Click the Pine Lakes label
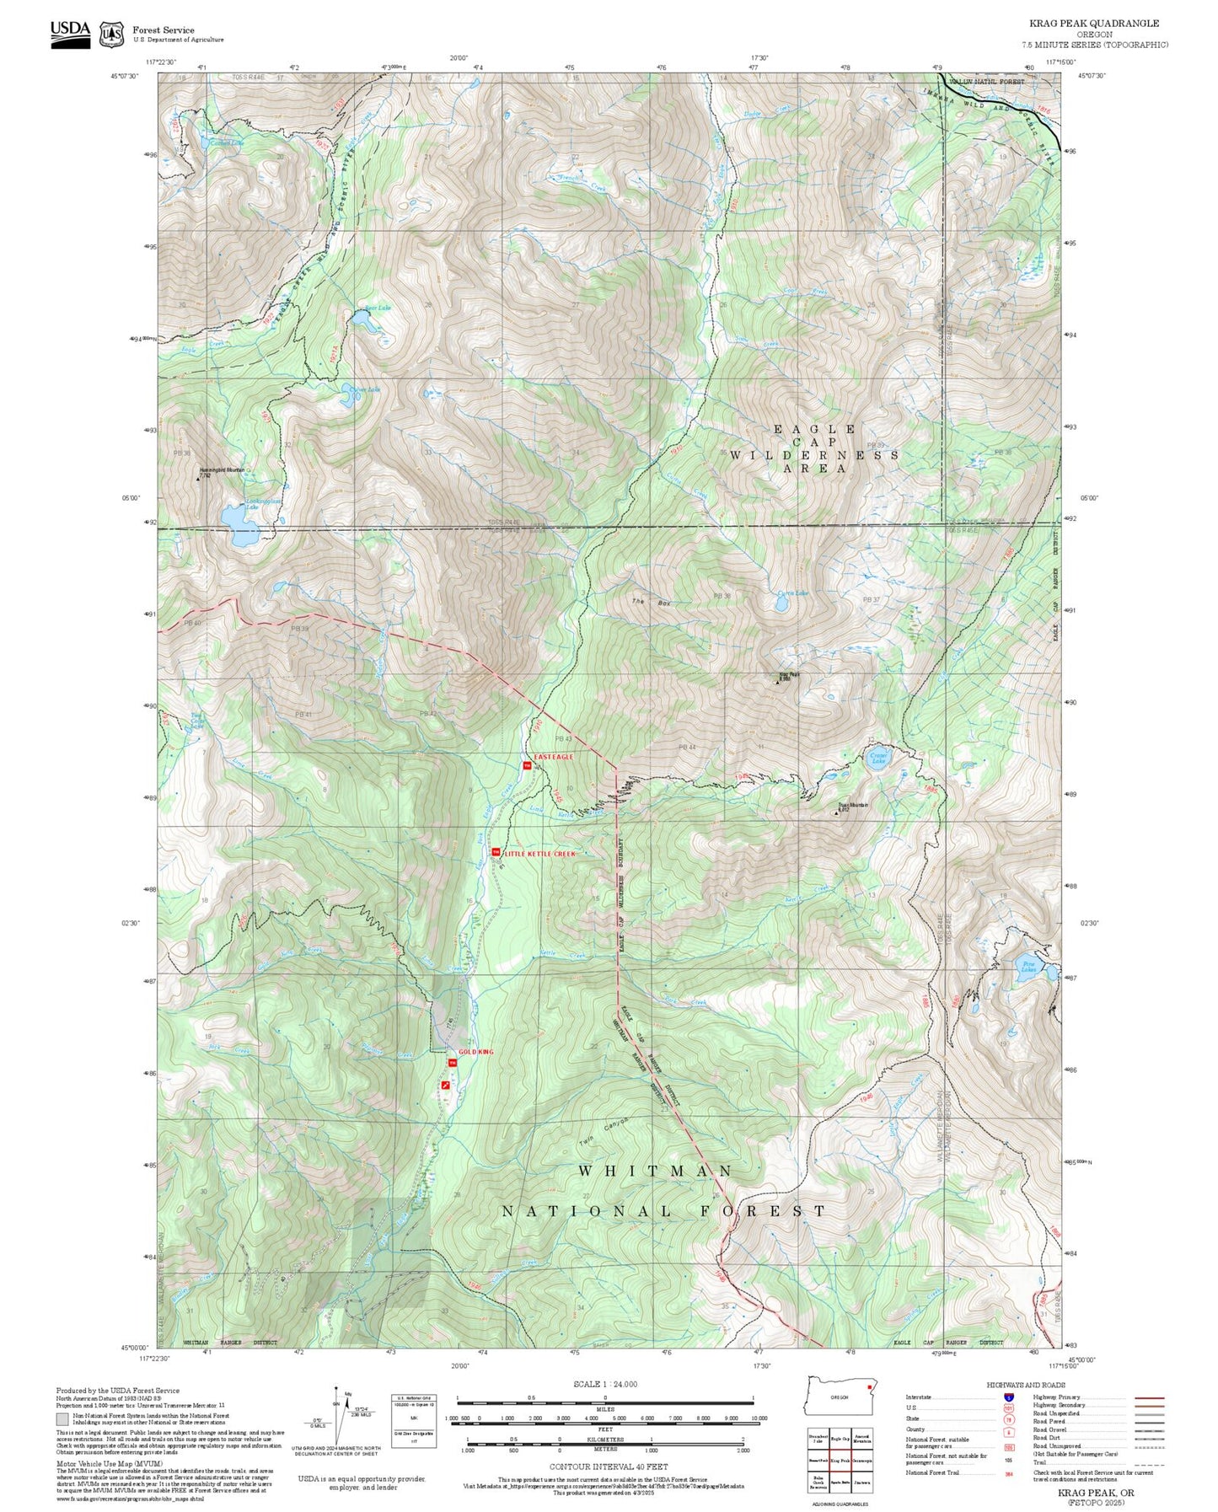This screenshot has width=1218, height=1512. pyautogui.click(x=1028, y=968)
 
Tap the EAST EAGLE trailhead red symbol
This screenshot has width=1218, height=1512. pyautogui.click(x=527, y=765)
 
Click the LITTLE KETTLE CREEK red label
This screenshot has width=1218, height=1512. pyautogui.click(x=539, y=854)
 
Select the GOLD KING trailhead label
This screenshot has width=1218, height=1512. pyautogui.click(x=475, y=1052)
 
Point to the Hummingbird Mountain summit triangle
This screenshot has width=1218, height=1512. pyautogui.click(x=199, y=479)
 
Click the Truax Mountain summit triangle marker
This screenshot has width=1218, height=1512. pyautogui.click(x=836, y=812)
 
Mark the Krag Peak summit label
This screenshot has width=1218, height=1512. pyautogui.click(x=788, y=674)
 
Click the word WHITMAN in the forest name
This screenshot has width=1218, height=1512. pyautogui.click(x=655, y=1172)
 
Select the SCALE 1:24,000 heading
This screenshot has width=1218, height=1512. pyautogui.click(x=604, y=1384)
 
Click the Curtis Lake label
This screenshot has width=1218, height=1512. pyautogui.click(x=792, y=592)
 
